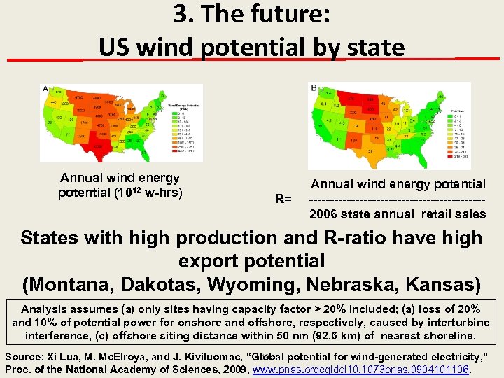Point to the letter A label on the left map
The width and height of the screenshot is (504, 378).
45,89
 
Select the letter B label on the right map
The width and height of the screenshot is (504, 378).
313,87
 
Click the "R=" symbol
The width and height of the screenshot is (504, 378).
283,199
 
